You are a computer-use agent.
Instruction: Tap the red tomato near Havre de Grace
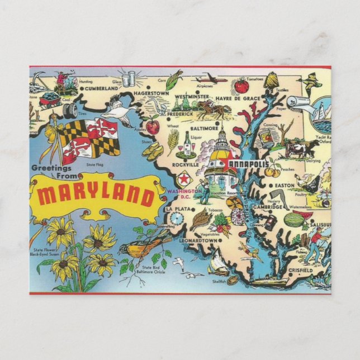pos(241,87)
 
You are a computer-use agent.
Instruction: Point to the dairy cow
pos(300,149)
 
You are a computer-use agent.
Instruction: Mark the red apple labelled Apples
pos(152,126)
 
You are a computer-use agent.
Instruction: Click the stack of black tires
pos(70,110)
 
